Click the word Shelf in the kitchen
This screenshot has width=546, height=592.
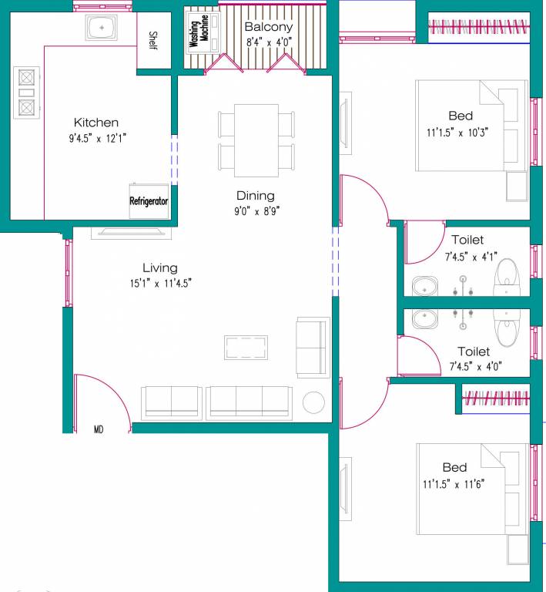(x=152, y=40)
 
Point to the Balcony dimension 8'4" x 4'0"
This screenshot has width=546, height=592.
(x=269, y=42)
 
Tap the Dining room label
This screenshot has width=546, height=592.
(x=255, y=196)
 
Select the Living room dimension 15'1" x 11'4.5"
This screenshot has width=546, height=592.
(x=160, y=283)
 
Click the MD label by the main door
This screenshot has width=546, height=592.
(x=99, y=428)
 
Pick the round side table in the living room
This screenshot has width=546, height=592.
(x=313, y=402)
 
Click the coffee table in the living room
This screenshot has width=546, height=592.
(x=246, y=348)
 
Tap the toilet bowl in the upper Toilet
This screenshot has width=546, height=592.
(x=507, y=277)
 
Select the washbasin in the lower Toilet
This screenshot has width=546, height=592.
(x=423, y=318)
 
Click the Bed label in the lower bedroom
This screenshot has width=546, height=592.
(x=454, y=467)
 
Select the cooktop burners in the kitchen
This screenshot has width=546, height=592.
(x=25, y=92)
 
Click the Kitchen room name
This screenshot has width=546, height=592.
(x=96, y=123)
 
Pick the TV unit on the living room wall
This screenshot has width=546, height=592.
(x=128, y=231)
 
